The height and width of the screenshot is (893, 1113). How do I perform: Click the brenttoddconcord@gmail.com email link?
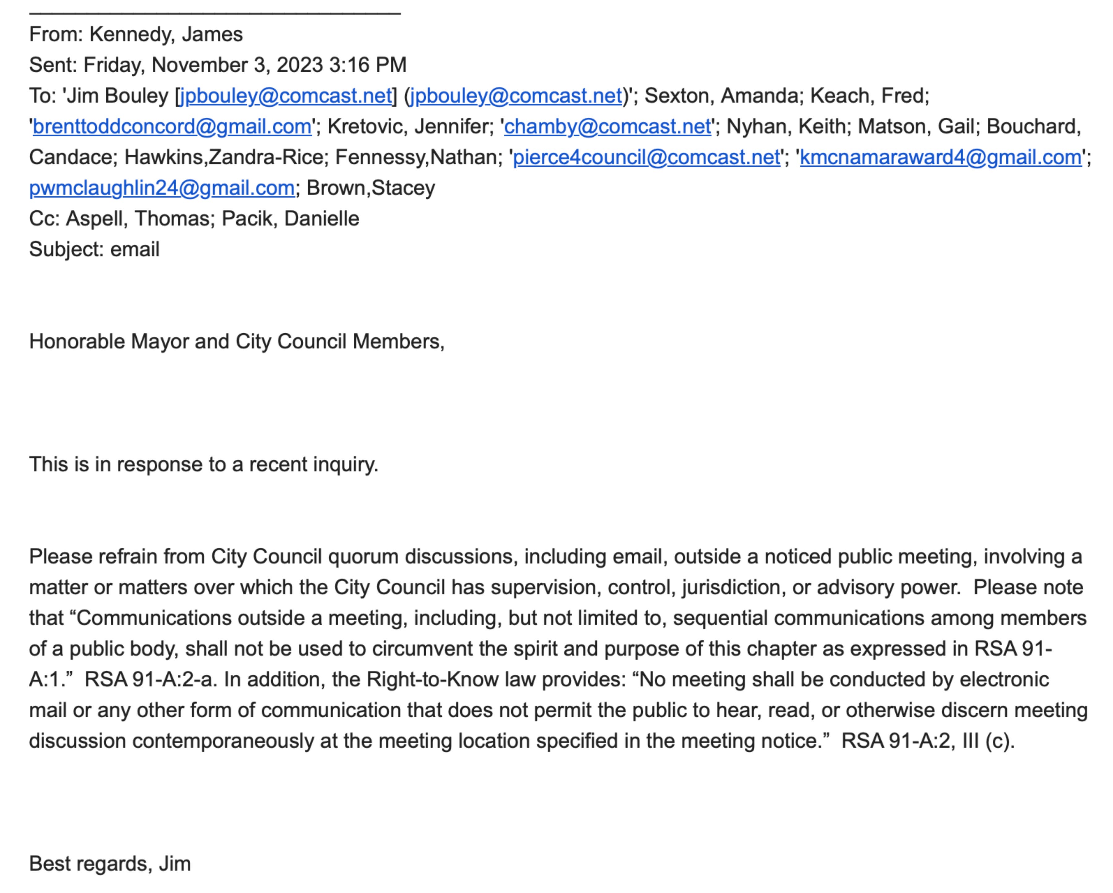172,126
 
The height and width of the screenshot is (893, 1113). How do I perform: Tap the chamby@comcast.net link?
607,126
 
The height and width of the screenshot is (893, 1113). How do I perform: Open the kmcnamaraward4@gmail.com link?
940,157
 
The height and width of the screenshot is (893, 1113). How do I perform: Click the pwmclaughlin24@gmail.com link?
162,188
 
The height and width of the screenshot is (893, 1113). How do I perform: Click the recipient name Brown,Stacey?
371,188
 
